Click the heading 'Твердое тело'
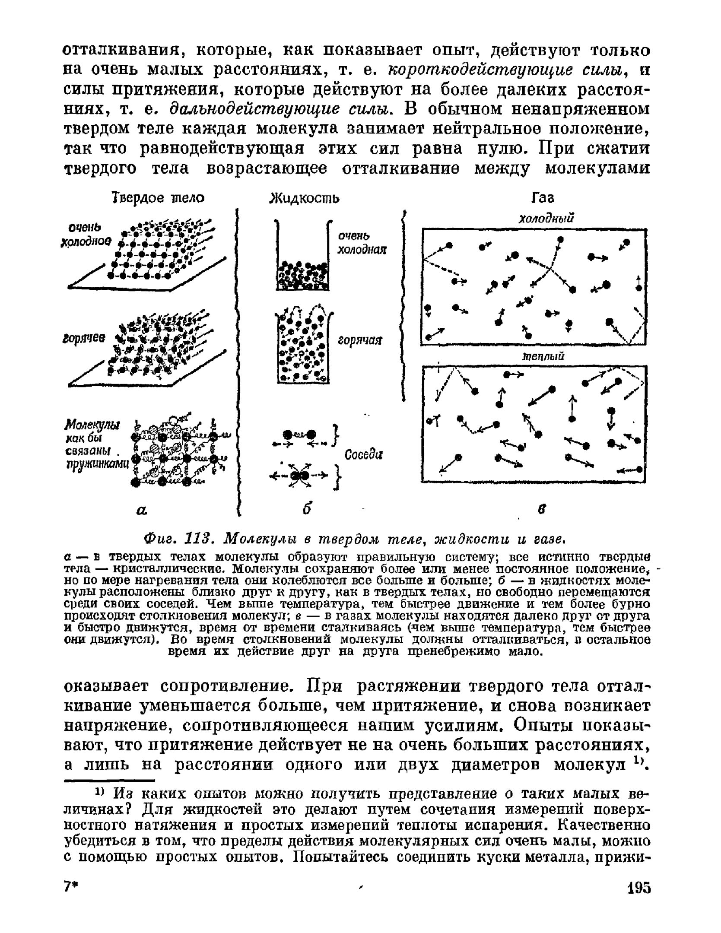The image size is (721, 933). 158,198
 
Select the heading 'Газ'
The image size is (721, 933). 542,198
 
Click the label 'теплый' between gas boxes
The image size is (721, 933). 543,356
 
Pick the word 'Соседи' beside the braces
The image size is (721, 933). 364,455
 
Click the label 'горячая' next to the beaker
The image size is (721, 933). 360,341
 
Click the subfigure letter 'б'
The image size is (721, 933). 307,509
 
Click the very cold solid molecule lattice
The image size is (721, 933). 160,251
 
